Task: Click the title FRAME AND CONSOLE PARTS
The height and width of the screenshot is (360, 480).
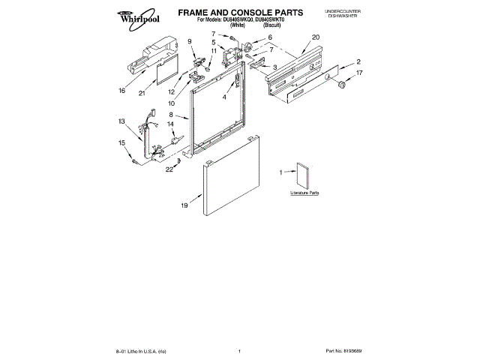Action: tap(229, 13)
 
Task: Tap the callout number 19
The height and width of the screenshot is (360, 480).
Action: tap(184, 204)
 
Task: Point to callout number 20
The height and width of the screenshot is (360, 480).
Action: tap(316, 37)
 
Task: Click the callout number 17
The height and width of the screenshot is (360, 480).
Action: tap(359, 73)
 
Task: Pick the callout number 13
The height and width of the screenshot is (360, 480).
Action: tap(121, 121)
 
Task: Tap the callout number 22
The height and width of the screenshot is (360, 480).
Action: tap(169, 169)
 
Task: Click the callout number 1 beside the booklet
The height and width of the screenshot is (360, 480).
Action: tap(280, 173)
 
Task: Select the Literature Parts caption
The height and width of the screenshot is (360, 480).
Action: tap(305, 193)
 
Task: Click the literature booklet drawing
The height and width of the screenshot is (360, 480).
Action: tap(302, 174)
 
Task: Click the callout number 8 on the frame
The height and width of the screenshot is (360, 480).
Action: tap(171, 115)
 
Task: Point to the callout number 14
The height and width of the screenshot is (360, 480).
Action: tap(170, 124)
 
